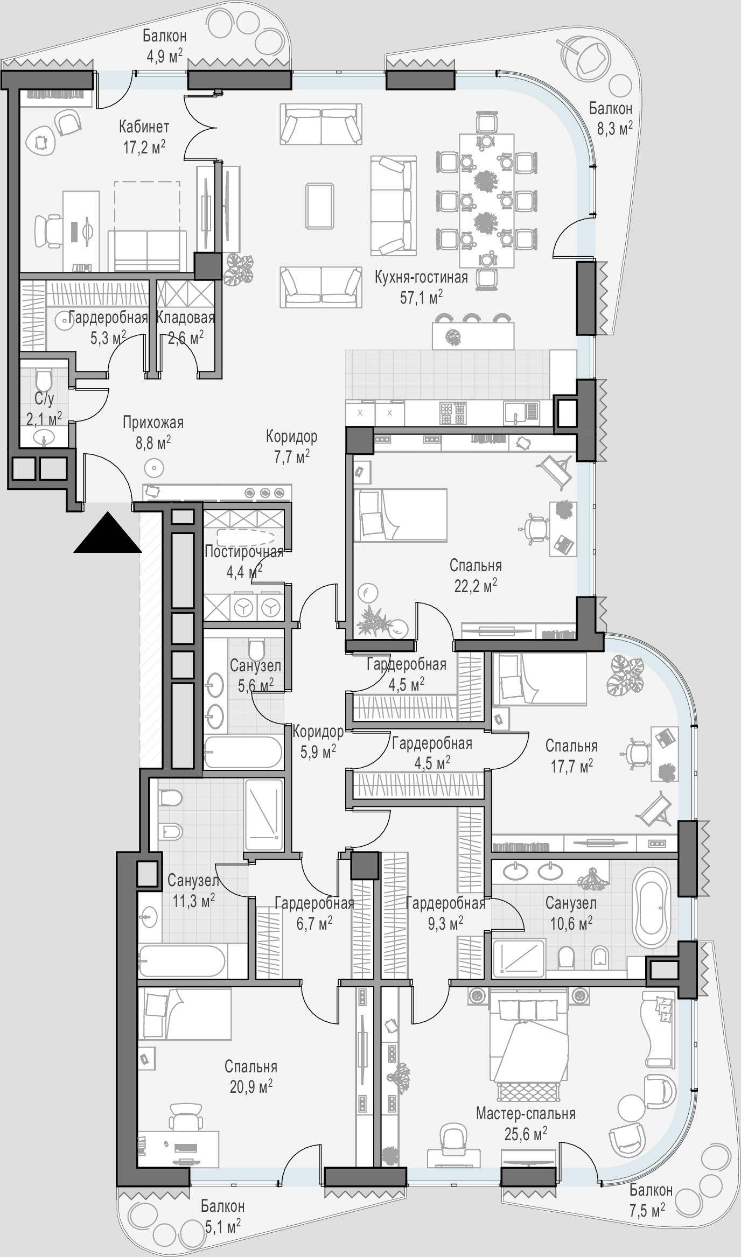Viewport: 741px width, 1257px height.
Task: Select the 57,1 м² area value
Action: (421, 297)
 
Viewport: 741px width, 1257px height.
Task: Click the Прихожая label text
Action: (153, 423)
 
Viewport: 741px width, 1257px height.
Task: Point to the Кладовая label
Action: (186, 318)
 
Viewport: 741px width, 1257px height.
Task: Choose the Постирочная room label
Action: (244, 552)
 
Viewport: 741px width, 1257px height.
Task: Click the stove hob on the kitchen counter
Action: (452, 413)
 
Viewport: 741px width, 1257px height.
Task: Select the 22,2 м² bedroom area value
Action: (476, 586)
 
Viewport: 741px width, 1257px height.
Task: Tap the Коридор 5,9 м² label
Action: (318, 741)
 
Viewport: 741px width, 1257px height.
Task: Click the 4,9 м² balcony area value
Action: (165, 56)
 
